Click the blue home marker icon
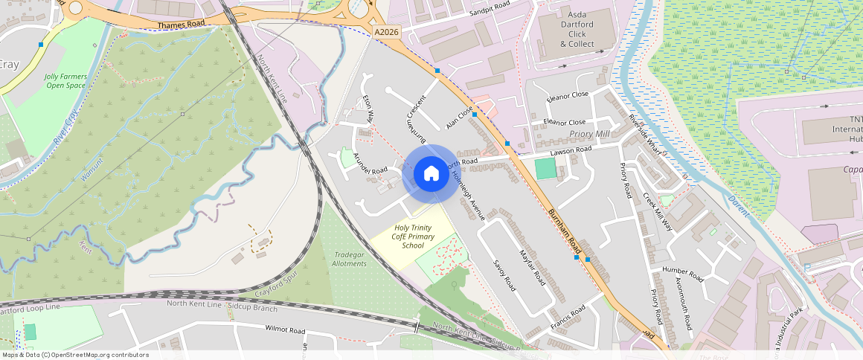(x=431, y=174)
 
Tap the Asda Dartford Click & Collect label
(x=577, y=29)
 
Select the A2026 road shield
(x=387, y=33)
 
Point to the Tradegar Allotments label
(x=350, y=259)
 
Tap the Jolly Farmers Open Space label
(x=65, y=81)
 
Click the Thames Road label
(x=180, y=25)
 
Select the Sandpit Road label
(x=490, y=9)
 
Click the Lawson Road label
(x=570, y=150)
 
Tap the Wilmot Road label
(x=285, y=330)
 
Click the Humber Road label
(x=682, y=273)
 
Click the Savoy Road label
(x=504, y=274)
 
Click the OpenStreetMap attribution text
(x=75, y=355)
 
